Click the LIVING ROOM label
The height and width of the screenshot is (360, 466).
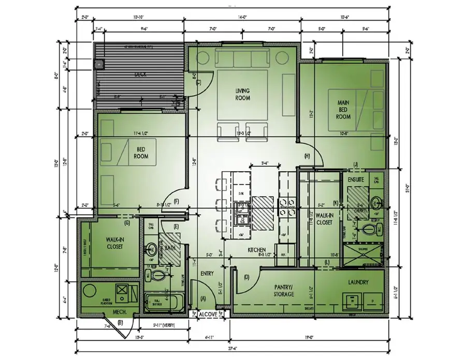click(x=242, y=94)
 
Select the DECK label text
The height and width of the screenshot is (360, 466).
click(x=140, y=74)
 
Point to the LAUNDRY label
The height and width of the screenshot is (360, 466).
click(x=358, y=282)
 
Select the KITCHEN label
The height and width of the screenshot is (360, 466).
click(x=257, y=249)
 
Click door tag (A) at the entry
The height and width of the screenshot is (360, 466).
click(x=203, y=298)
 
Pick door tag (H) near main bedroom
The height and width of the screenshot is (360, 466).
click(x=307, y=156)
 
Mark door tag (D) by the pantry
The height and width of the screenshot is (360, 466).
click(x=246, y=278)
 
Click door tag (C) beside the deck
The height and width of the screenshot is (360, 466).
click(x=198, y=82)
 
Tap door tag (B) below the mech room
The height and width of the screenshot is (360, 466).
click(x=120, y=323)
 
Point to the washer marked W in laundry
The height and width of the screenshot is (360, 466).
click(x=353, y=299)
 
